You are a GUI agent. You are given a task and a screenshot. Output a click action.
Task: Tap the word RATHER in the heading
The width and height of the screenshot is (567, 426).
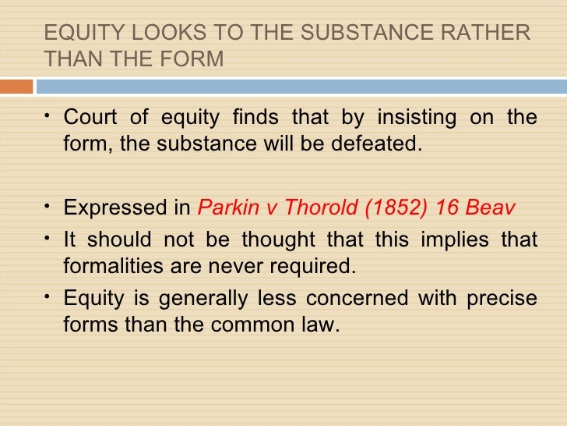(492, 34)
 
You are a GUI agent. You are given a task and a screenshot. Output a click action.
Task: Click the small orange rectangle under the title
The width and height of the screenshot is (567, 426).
(16, 87)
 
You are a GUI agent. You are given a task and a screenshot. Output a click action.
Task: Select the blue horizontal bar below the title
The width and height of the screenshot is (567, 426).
(301, 87)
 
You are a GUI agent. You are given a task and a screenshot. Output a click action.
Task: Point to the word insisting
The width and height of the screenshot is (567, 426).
(415, 118)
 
